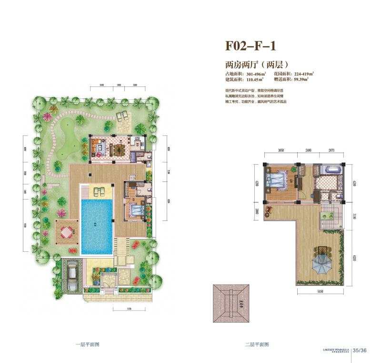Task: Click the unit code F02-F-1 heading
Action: pos(251,46)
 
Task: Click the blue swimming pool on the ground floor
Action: pos(97,225)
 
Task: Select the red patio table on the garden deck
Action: pos(67,232)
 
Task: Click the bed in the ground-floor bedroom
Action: pos(136,209)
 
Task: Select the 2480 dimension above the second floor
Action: pos(308,151)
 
